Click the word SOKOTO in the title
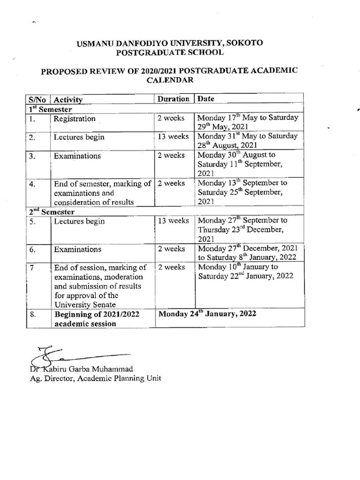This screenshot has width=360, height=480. click(244, 43)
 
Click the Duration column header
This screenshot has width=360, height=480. click(173, 99)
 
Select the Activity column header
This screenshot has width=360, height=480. click(68, 99)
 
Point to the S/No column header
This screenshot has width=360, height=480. click(37, 99)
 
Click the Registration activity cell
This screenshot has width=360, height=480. click(75, 119)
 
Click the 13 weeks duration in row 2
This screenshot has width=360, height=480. click(173, 137)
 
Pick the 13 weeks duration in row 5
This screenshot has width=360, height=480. click(173, 221)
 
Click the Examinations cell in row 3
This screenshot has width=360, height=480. click(77, 156)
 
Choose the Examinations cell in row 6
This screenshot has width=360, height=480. click(77, 249)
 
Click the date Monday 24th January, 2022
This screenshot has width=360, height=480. click(207, 314)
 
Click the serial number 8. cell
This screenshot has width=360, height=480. click(32, 315)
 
